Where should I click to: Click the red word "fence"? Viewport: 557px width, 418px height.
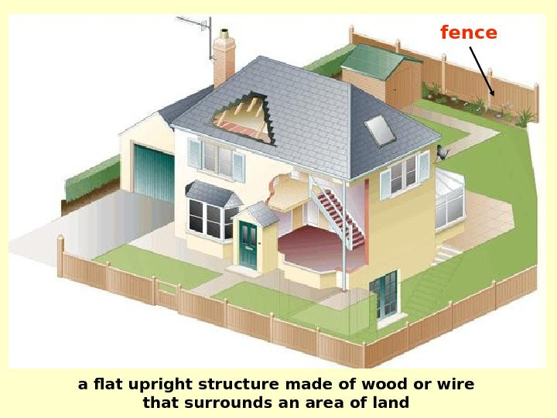(469, 33)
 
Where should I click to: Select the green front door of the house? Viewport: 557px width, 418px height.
(248, 245)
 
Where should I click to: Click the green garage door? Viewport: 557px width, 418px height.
(155, 174)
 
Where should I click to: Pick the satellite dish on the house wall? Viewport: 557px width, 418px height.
(443, 152)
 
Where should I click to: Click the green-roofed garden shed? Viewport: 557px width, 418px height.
(380, 73)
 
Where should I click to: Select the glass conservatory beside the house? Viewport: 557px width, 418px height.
(449, 200)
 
